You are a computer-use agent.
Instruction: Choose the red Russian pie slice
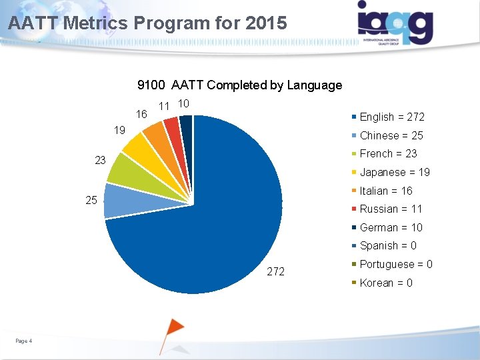(173, 127)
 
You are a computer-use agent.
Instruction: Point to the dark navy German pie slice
(187, 125)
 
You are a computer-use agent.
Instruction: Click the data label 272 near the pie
(275, 271)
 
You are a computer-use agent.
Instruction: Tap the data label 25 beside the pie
(91, 200)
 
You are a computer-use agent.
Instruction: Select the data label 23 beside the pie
(99, 161)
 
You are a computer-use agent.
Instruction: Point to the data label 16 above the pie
(141, 115)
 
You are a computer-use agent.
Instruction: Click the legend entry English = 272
(391, 117)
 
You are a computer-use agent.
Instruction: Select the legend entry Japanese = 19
(394, 172)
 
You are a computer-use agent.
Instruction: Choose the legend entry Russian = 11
(391, 209)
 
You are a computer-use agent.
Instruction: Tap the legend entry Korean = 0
(385, 283)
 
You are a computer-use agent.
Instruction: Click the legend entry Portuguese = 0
(395, 264)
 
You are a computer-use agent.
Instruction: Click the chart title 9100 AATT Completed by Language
(239, 85)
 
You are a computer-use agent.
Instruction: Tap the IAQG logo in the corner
(395, 23)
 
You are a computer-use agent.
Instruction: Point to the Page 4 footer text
(24, 341)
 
